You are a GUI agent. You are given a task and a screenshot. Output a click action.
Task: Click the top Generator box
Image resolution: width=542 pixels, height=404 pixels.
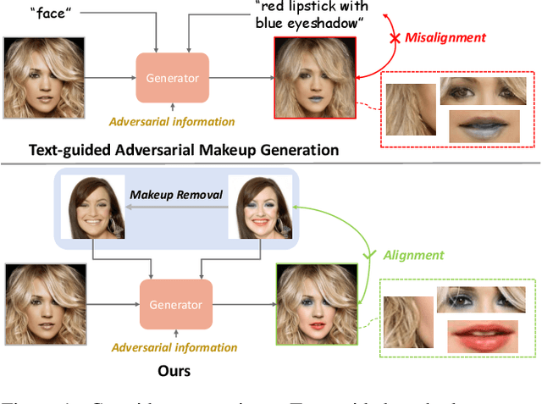pyautogui.click(x=172, y=78)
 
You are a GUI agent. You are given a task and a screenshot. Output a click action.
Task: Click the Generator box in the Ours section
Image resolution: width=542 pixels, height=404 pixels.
pyautogui.click(x=175, y=304)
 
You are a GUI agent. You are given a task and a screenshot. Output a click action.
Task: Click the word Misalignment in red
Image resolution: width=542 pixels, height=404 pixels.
pyautogui.click(x=445, y=37)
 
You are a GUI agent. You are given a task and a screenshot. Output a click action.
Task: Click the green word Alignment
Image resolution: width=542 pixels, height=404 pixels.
pyautogui.click(x=413, y=254)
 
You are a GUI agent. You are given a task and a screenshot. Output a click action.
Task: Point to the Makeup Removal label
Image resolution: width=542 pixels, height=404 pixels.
pyautogui.click(x=175, y=195)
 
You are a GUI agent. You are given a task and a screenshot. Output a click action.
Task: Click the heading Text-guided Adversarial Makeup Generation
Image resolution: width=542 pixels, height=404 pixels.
pyautogui.click(x=184, y=150)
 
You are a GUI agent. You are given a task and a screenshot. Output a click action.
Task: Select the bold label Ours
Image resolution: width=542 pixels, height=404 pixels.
pyautogui.click(x=174, y=370)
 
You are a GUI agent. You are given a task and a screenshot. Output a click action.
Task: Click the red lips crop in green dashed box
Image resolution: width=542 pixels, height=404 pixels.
pyautogui.click(x=484, y=340)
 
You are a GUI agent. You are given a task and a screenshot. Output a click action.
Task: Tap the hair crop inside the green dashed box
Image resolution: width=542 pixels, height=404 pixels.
pyautogui.click(x=408, y=320)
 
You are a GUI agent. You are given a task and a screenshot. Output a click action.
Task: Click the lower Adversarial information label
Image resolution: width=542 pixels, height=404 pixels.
pyautogui.click(x=175, y=347)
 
